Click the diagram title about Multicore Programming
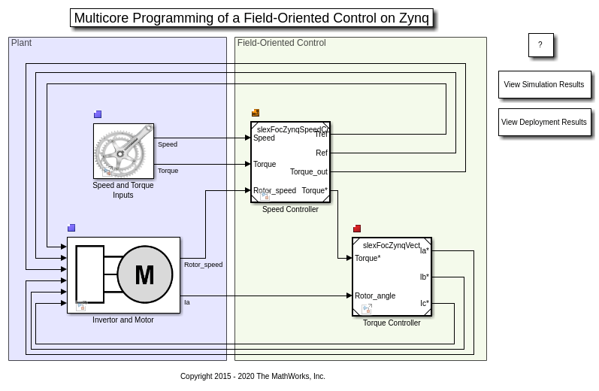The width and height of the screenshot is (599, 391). (251, 18)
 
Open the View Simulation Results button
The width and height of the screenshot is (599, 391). (543, 85)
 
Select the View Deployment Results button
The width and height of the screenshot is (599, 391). (543, 123)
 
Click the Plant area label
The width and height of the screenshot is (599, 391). (21, 43)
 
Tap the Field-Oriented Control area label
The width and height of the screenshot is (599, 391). (281, 43)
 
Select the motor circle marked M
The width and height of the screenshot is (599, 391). (144, 275)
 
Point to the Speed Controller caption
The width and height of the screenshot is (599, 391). (290, 210)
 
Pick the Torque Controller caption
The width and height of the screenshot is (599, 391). (392, 323)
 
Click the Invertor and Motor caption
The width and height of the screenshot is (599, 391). (123, 320)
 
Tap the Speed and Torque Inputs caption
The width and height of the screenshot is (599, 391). (123, 190)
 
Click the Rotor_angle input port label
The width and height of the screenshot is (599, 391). (375, 296)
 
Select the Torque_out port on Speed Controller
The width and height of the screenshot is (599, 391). (309, 172)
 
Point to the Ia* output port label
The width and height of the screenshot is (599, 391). (425, 251)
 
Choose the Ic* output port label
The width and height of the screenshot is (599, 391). (425, 305)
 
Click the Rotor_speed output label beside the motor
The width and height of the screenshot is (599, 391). (203, 265)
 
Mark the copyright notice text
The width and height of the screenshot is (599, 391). (253, 377)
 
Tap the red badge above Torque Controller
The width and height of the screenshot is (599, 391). (357, 229)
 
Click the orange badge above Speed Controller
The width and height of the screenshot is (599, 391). (256, 114)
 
